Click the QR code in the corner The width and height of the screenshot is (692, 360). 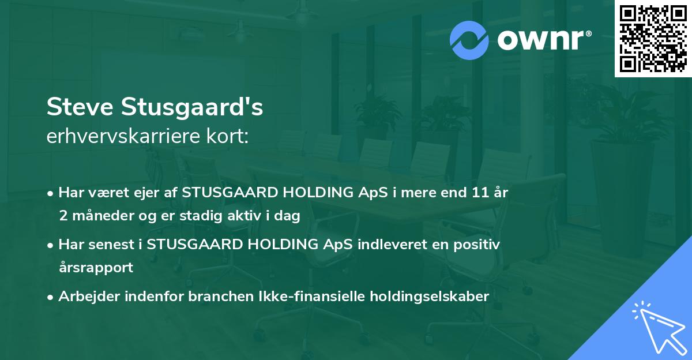(x=652, y=38)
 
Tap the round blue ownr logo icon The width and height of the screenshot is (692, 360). (x=469, y=40)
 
